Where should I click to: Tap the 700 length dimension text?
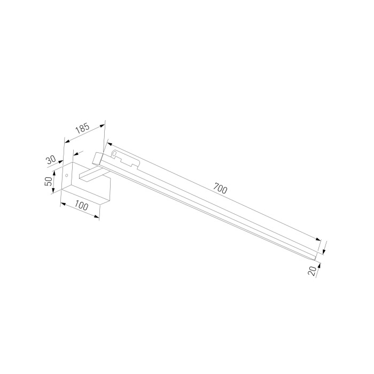pos(220,189)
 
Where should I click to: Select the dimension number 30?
pos(51,160)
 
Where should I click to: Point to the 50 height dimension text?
pos(48,181)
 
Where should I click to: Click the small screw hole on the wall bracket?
pos(66,174)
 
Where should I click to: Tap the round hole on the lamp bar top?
pos(114,155)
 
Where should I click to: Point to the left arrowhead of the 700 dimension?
pos(108,143)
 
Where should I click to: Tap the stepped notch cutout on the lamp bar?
pos(128,160)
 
